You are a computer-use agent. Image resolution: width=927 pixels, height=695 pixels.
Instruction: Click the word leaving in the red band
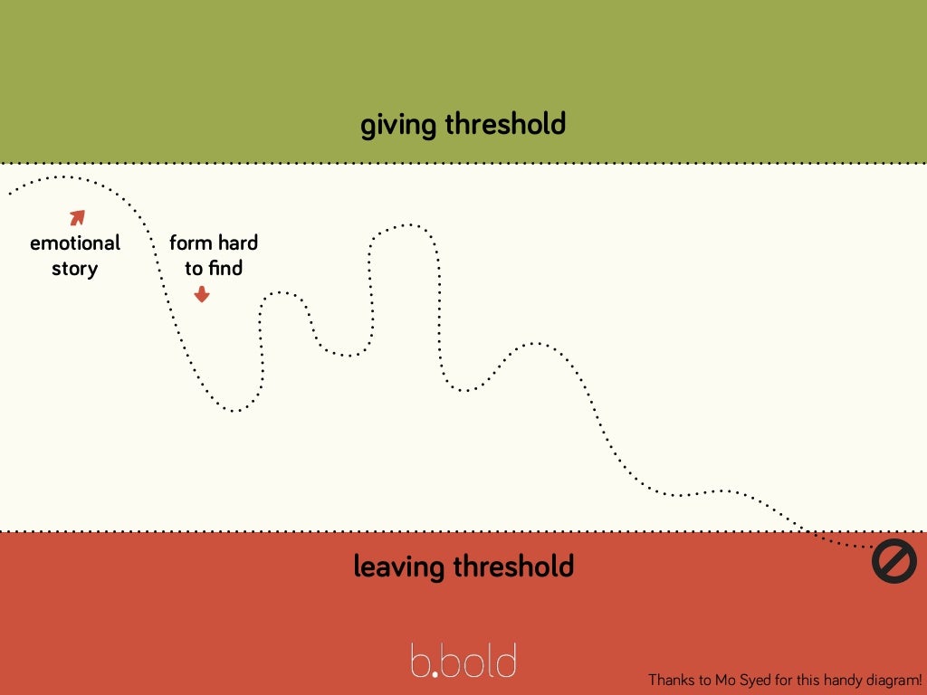coord(399,567)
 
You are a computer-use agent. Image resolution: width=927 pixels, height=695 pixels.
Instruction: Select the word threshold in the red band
coord(513,566)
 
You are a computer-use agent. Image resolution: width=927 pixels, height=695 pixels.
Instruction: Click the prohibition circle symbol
coord(894,562)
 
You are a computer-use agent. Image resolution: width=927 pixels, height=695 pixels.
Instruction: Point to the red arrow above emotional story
coord(78,217)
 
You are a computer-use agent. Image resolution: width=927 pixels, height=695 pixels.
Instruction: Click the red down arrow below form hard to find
coord(202,294)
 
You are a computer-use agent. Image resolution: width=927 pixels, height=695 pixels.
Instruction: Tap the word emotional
coord(75,243)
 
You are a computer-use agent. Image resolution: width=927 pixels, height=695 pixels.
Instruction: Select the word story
coord(75,269)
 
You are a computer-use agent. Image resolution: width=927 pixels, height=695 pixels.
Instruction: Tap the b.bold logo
coord(463,661)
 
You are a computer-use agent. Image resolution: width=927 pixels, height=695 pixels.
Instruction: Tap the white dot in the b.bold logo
coord(435,673)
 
